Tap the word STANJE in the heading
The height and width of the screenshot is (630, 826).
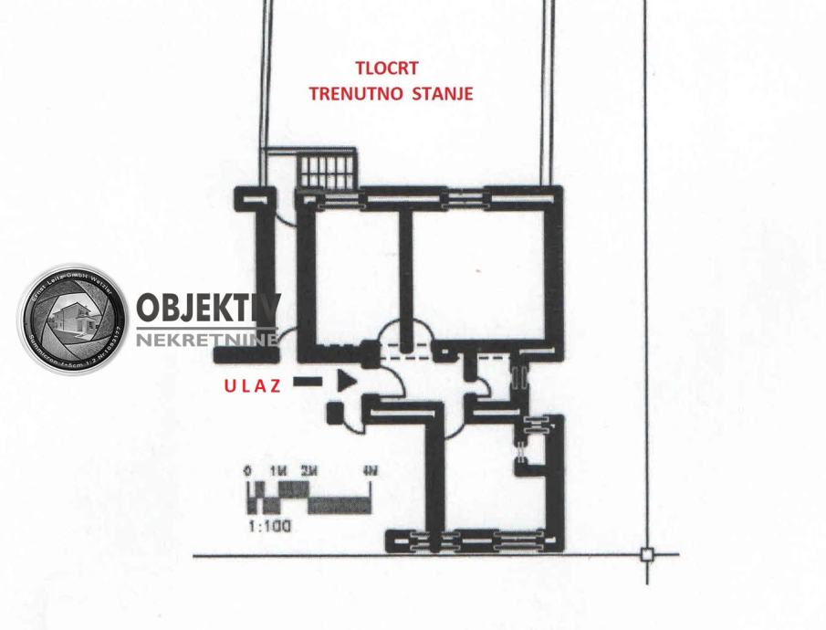point(443,93)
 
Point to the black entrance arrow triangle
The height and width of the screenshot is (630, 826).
point(346,381)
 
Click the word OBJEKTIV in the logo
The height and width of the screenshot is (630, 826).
point(207,309)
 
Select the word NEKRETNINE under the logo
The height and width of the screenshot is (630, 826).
point(207,340)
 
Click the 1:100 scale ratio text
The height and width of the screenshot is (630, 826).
point(268,526)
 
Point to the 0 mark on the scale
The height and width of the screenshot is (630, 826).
point(247,471)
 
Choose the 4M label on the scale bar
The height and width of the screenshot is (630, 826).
point(370,471)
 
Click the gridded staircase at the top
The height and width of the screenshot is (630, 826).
point(327,170)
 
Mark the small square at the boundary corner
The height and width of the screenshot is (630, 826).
point(646,554)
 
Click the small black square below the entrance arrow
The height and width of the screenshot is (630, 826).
point(336,412)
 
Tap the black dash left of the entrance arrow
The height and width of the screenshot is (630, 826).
point(308,381)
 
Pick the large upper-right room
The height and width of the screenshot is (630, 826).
point(479,274)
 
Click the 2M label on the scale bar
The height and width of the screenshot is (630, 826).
point(309,471)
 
